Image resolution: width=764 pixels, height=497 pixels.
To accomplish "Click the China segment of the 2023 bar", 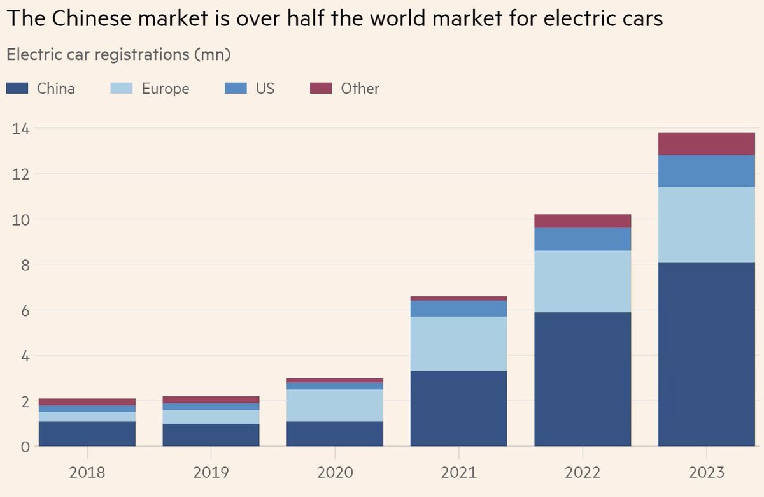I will pyautogui.click(x=707, y=354).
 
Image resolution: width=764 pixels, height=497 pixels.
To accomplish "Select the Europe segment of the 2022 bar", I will pyautogui.click(x=583, y=281).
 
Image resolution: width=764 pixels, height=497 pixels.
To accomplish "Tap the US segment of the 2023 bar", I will pyautogui.click(x=707, y=171).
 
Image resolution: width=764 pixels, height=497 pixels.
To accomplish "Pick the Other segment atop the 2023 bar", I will pyautogui.click(x=707, y=143).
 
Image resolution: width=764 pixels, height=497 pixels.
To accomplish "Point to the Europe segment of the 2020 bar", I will pyautogui.click(x=335, y=405).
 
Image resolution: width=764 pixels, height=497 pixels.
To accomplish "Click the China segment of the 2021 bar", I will pyautogui.click(x=459, y=408).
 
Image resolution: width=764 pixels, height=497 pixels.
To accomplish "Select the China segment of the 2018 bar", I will pyautogui.click(x=87, y=433).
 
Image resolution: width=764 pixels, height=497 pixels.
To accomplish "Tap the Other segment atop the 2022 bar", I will pyautogui.click(x=583, y=221).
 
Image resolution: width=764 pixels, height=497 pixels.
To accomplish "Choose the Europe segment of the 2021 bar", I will pyautogui.click(x=459, y=344).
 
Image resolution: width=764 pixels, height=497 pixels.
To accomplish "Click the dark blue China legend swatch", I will pyautogui.click(x=17, y=89).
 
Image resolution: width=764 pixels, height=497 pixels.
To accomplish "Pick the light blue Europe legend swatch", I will pyautogui.click(x=122, y=89).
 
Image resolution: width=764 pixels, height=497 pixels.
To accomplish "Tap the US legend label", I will pyautogui.click(x=265, y=89).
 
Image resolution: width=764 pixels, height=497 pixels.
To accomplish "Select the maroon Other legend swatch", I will pyautogui.click(x=321, y=89).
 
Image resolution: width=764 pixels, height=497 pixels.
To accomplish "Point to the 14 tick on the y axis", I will pyautogui.click(x=20, y=128).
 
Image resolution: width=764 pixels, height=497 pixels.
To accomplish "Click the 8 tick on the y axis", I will pyautogui.click(x=25, y=264).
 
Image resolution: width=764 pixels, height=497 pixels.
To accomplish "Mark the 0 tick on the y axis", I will pyautogui.click(x=25, y=446).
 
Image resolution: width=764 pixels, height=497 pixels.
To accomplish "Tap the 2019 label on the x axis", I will pyautogui.click(x=211, y=472).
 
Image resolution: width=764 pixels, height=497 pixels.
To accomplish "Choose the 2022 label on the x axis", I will pyautogui.click(x=583, y=472).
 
